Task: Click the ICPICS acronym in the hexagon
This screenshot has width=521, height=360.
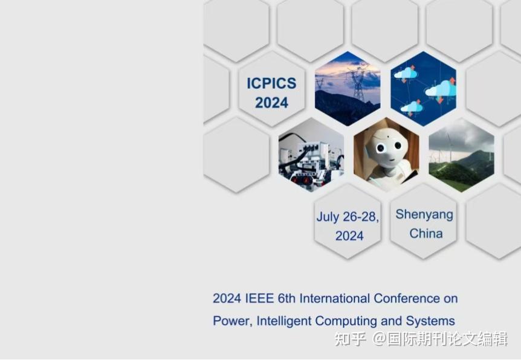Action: pos(271,83)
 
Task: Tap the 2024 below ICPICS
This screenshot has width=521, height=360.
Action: pos(271,103)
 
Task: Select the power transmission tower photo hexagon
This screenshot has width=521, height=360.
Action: pos(348,89)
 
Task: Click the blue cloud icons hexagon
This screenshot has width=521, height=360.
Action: pos(423,89)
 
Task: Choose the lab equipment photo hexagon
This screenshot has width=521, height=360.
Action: pos(311,155)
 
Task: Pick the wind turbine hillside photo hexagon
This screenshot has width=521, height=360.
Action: pos(461,155)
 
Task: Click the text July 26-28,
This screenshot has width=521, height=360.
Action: pos(348,217)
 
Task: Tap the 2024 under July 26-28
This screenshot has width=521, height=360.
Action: pos(349,236)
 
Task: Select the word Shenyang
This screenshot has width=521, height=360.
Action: pos(424,214)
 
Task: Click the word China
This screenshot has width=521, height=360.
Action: pos(426,233)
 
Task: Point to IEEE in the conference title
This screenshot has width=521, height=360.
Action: pos(260,298)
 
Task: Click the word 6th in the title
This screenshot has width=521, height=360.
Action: pos(287,298)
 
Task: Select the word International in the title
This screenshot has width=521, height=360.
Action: pos(335,298)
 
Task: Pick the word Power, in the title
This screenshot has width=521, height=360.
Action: pos(233,321)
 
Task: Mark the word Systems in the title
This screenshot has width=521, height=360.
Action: pos(430,321)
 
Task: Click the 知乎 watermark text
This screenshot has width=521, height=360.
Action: pos(350,339)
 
